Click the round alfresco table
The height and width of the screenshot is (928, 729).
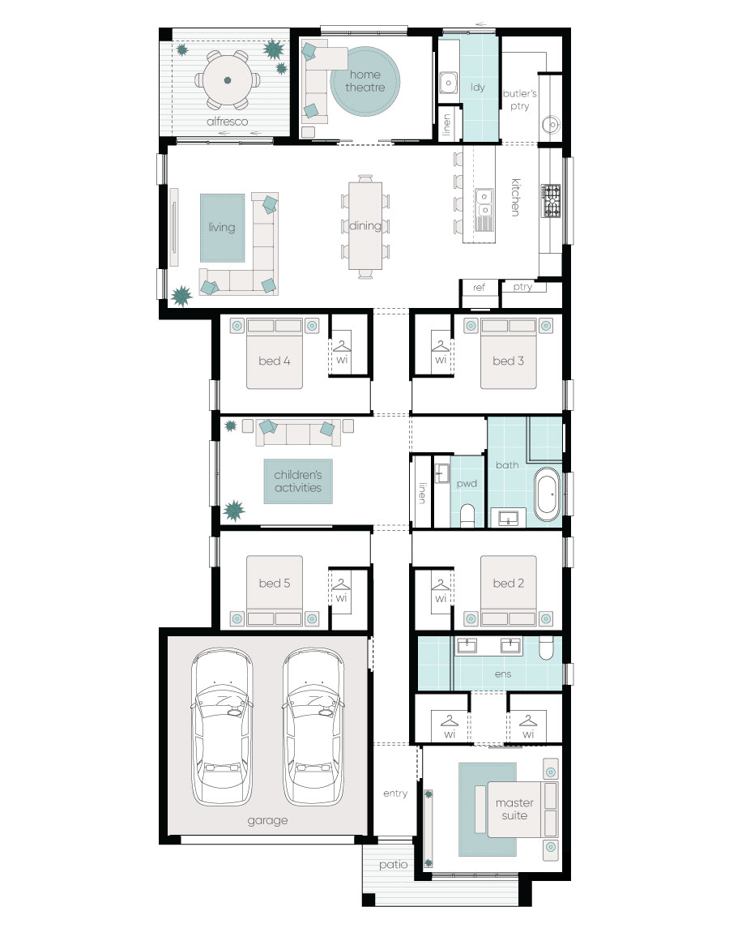coord(228,80)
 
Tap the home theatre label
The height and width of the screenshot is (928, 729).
coord(365,81)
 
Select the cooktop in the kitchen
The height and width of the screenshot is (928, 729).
coord(550,201)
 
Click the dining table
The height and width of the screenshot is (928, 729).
coord(365,225)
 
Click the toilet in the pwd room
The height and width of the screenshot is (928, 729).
coord(467,515)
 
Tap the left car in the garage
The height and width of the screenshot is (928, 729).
coord(223,727)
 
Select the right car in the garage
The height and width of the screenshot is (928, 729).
coord(313,727)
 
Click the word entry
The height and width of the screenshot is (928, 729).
coord(395,793)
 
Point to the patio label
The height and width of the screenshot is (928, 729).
coord(394,865)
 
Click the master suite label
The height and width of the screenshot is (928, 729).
coord(515,809)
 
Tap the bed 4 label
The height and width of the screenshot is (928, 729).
coord(275,361)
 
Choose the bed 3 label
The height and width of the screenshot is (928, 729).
coord(509,361)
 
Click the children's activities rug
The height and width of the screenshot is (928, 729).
coord(298,481)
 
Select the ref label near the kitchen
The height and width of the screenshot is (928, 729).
coord(479,288)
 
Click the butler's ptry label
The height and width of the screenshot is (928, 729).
coord(519,100)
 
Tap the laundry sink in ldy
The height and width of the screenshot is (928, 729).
coord(449,83)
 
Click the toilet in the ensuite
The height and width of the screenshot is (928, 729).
coord(547,648)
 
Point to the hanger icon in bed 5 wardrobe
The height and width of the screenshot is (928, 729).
coord(341,585)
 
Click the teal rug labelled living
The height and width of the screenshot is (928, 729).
coord(223,228)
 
